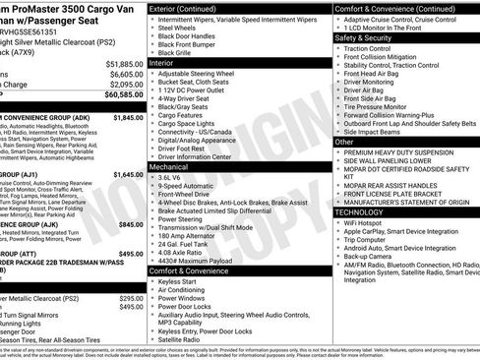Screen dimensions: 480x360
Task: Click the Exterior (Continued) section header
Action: click(x=191, y=8)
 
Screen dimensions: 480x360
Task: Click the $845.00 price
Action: click(x=132, y=224)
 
